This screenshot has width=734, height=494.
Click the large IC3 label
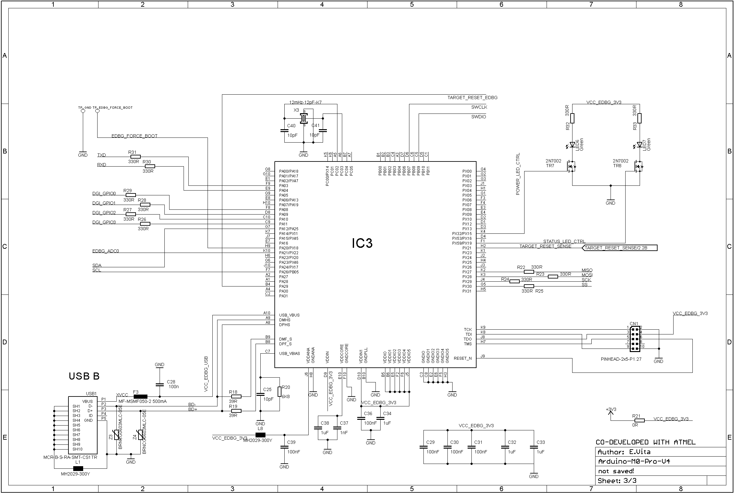click(362, 244)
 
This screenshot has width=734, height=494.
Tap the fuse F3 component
click(140, 396)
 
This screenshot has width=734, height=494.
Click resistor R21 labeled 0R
click(639, 420)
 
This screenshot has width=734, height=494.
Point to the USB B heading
click(84, 376)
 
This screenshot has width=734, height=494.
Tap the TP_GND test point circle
click(83, 111)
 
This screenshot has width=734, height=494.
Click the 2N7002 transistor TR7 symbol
click(571, 166)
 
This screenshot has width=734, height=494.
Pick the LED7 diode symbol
click(639, 145)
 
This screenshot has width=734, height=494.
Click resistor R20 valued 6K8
click(280, 391)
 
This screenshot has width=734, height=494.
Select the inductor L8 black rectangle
click(260, 435)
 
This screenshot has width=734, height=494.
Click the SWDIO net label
click(478, 117)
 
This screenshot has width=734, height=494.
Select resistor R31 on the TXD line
click(136, 157)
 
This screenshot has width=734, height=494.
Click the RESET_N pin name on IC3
click(462, 358)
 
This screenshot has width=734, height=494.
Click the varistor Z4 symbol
click(140, 435)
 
